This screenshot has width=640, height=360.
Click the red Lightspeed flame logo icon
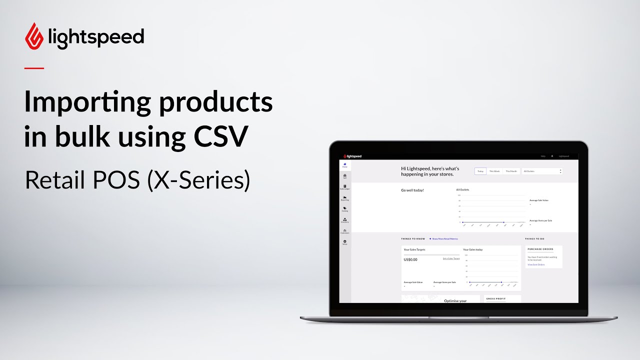pos(34,36)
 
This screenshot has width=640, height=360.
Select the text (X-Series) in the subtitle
pos(198,180)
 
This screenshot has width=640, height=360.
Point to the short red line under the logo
pos(34,68)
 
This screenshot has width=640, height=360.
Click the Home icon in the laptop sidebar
pos(345,165)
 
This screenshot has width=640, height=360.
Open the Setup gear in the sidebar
pos(345,242)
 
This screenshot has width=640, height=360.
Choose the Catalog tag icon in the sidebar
pos(345,209)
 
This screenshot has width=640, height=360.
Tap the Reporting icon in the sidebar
pos(345,198)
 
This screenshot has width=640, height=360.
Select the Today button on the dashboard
pos(480,171)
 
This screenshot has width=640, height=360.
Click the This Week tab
pos(494,171)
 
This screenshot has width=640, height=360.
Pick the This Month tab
pos(511,171)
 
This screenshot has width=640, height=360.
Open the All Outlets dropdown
pos(542,171)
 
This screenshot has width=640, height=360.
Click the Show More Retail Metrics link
pos(444,239)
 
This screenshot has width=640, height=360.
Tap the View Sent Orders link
pos(536,264)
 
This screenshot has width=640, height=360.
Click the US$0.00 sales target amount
pos(410,259)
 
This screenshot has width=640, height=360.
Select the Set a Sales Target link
pos(451,258)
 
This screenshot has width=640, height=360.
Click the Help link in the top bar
pos(543,156)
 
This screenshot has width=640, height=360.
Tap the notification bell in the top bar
pos(552,156)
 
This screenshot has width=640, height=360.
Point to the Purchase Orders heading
pos(540,249)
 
